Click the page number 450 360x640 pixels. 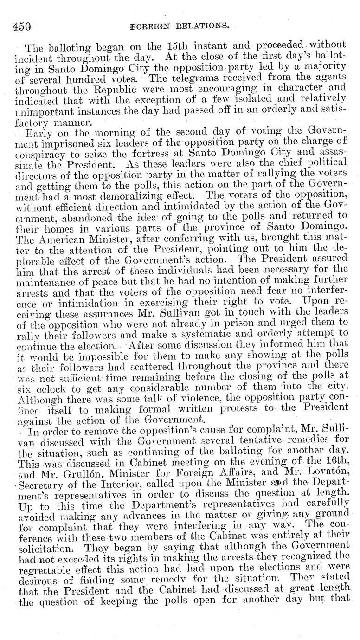(21, 26)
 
